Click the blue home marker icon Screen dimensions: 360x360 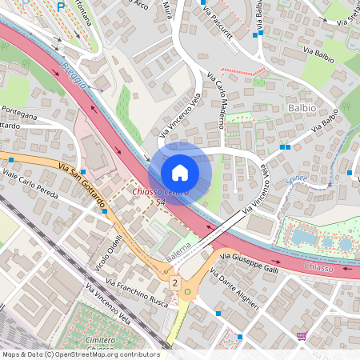point(180,172)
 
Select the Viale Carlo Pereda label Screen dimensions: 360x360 point(32,184)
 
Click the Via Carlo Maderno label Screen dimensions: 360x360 point(215,101)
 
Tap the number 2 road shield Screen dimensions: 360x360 point(174,282)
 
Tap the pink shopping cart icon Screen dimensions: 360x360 point(302,336)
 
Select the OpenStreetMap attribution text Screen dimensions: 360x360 point(80,354)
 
